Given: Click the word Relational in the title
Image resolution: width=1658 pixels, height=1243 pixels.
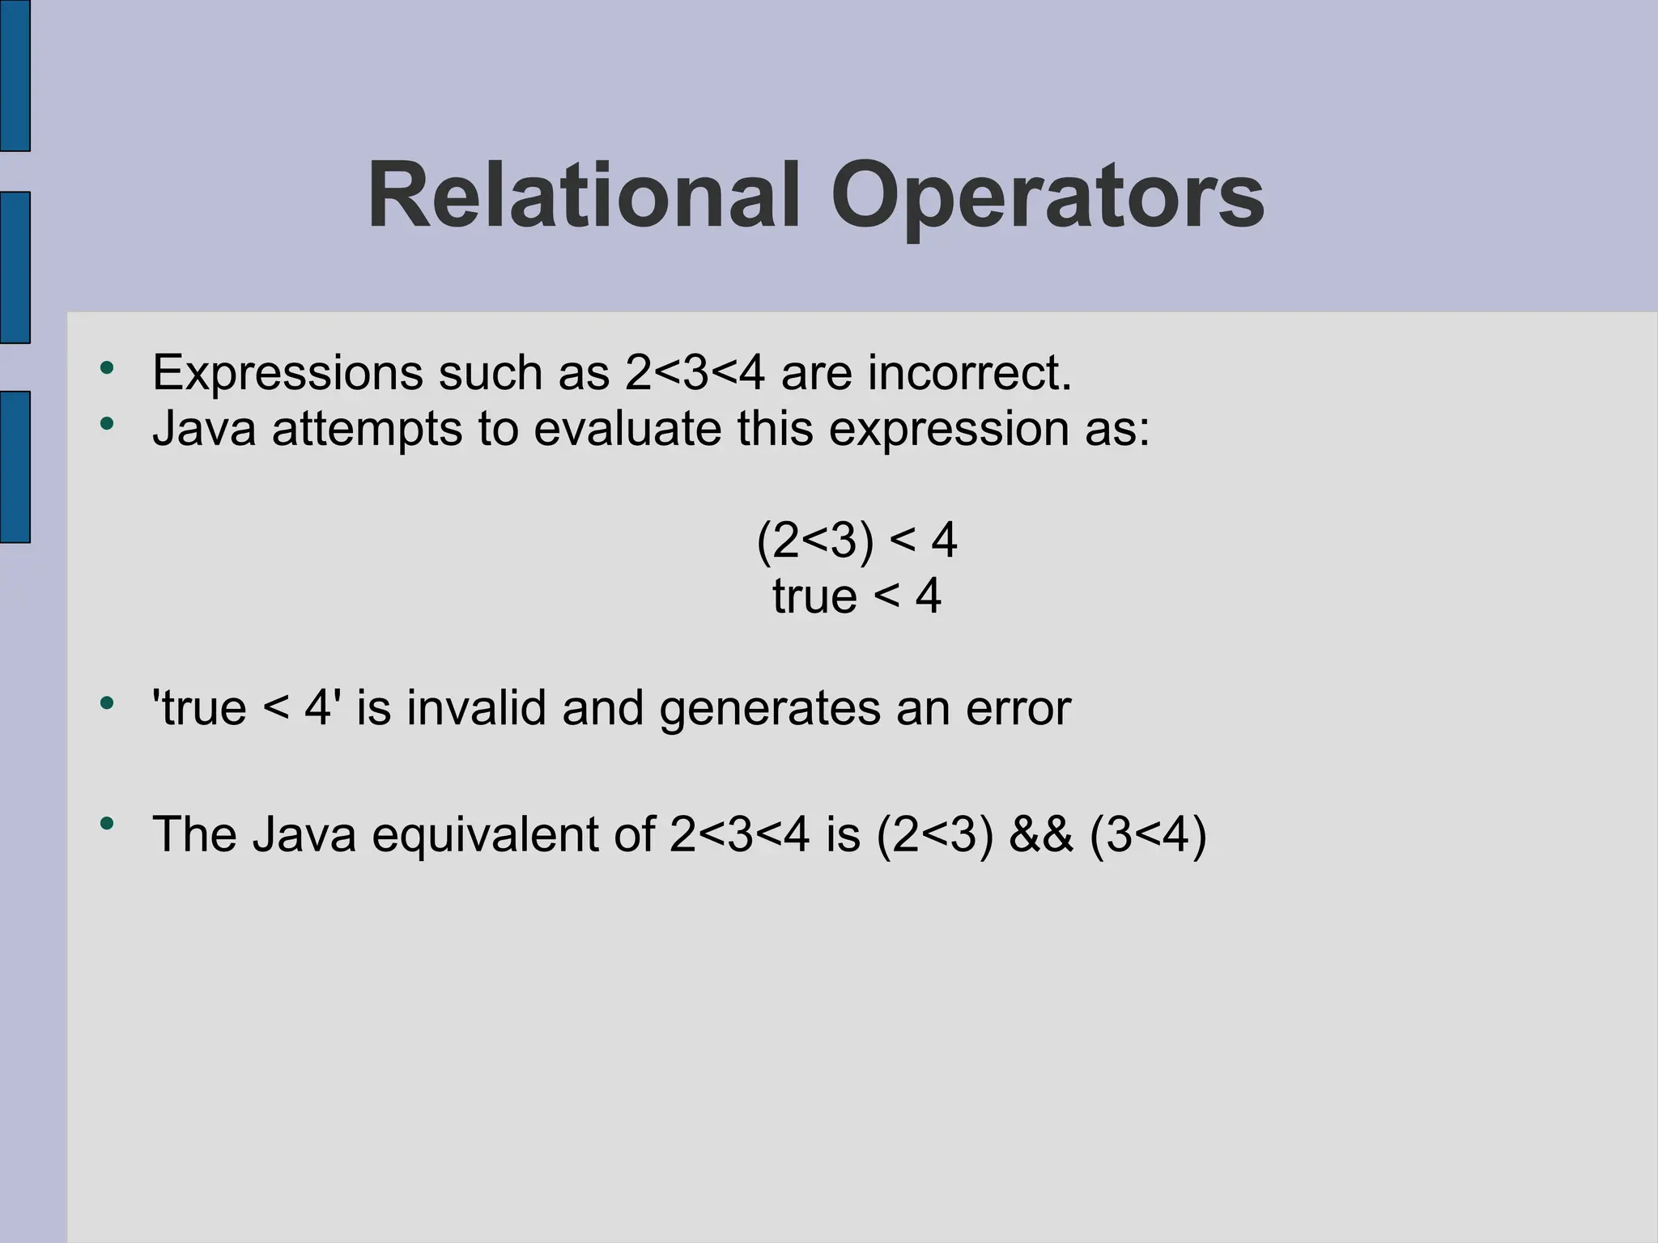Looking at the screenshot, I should pos(584,197).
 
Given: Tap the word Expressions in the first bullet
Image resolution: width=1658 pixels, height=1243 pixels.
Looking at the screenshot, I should pos(287,374).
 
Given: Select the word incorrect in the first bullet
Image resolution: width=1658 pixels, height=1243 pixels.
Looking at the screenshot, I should pos(969,374).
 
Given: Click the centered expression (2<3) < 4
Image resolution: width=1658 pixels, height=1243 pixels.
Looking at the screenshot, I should pos(857,541).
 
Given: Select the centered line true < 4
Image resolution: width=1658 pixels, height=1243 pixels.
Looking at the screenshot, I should pos(857,597).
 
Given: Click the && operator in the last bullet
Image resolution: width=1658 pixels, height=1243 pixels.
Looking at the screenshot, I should pos(1040,835).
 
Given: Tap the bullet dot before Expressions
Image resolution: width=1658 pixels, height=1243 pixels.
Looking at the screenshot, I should pos(107,369).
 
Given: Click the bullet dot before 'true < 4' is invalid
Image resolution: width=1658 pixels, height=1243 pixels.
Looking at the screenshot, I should pos(107,703).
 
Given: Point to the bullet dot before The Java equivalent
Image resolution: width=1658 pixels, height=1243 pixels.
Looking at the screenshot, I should pos(107,825).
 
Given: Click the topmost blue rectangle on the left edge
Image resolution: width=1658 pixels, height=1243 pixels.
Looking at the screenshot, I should pos(15,74).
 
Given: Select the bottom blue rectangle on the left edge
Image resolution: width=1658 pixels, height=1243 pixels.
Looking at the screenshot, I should pos(15,466).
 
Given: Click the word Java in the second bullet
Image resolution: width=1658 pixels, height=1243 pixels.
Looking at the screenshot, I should pos(204,429).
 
